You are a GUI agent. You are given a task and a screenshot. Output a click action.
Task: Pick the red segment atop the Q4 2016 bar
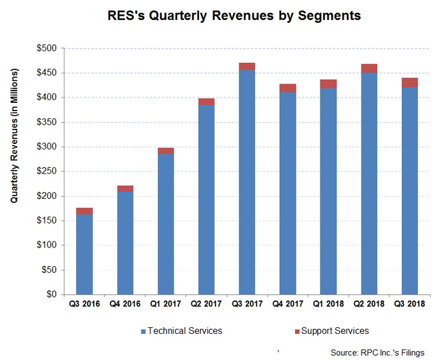125,189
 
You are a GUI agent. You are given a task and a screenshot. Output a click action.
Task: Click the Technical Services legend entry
183,331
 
